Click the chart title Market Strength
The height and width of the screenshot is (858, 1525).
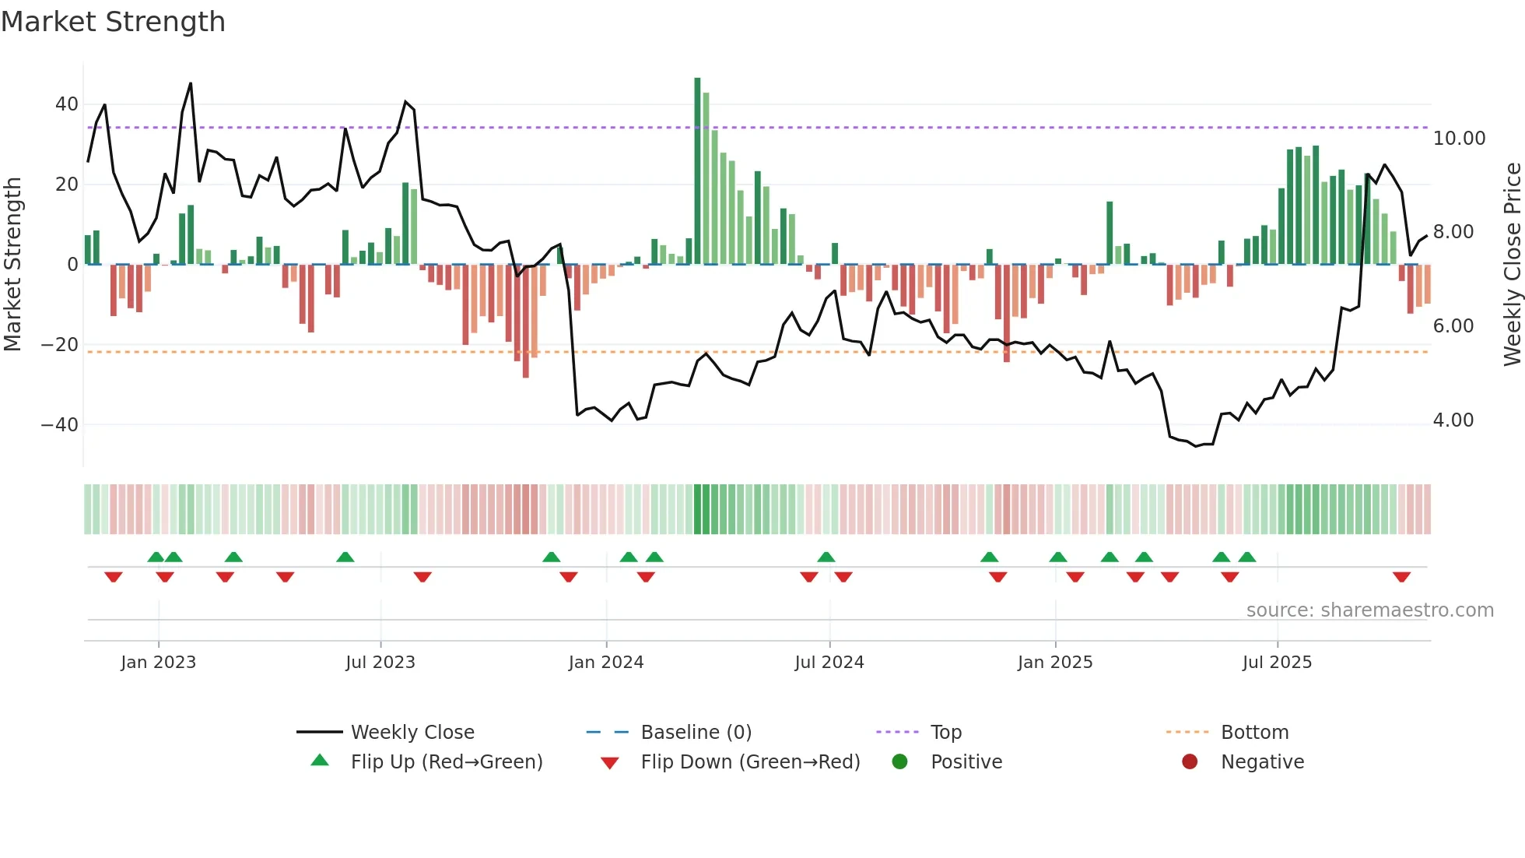click(x=113, y=22)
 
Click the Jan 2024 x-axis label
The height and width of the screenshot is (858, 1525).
click(x=605, y=663)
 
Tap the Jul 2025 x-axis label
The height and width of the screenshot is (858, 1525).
click(x=1277, y=663)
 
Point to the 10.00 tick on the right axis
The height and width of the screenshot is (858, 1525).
click(x=1459, y=139)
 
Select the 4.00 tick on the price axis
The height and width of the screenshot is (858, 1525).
click(x=1453, y=420)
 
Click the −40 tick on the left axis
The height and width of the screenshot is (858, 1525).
click(x=59, y=425)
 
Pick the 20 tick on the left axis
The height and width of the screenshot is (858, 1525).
click(x=66, y=185)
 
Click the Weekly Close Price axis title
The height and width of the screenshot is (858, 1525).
click(x=1512, y=265)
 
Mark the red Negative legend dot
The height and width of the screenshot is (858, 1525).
click(x=1190, y=761)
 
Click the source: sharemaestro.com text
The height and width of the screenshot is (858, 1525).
click(x=1369, y=610)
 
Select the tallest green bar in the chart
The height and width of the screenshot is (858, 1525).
click(x=697, y=171)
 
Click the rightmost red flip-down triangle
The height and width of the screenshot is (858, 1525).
click(x=1401, y=577)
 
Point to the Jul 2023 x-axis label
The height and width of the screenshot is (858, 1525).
click(x=380, y=663)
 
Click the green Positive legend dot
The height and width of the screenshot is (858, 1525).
click(x=899, y=761)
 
